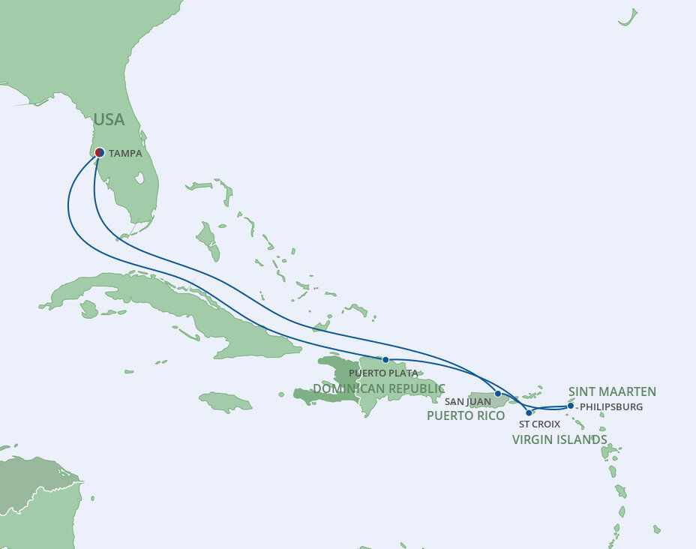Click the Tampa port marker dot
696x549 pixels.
click(99, 151)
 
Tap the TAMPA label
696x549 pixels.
click(125, 153)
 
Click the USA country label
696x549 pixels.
click(109, 120)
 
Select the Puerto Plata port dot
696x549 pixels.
click(385, 360)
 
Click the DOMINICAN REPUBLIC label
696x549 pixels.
click(379, 388)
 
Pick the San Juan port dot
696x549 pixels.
click(497, 394)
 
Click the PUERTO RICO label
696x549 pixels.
click(466, 415)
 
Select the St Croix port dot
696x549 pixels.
click(529, 412)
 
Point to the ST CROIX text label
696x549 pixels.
click(540, 424)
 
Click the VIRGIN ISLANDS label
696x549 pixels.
click(559, 439)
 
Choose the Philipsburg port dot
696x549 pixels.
click(571, 406)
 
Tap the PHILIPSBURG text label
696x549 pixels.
click(612, 407)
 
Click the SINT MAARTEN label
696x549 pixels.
click(612, 391)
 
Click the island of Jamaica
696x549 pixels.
click(225, 402)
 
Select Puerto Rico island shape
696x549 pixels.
click(487, 400)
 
